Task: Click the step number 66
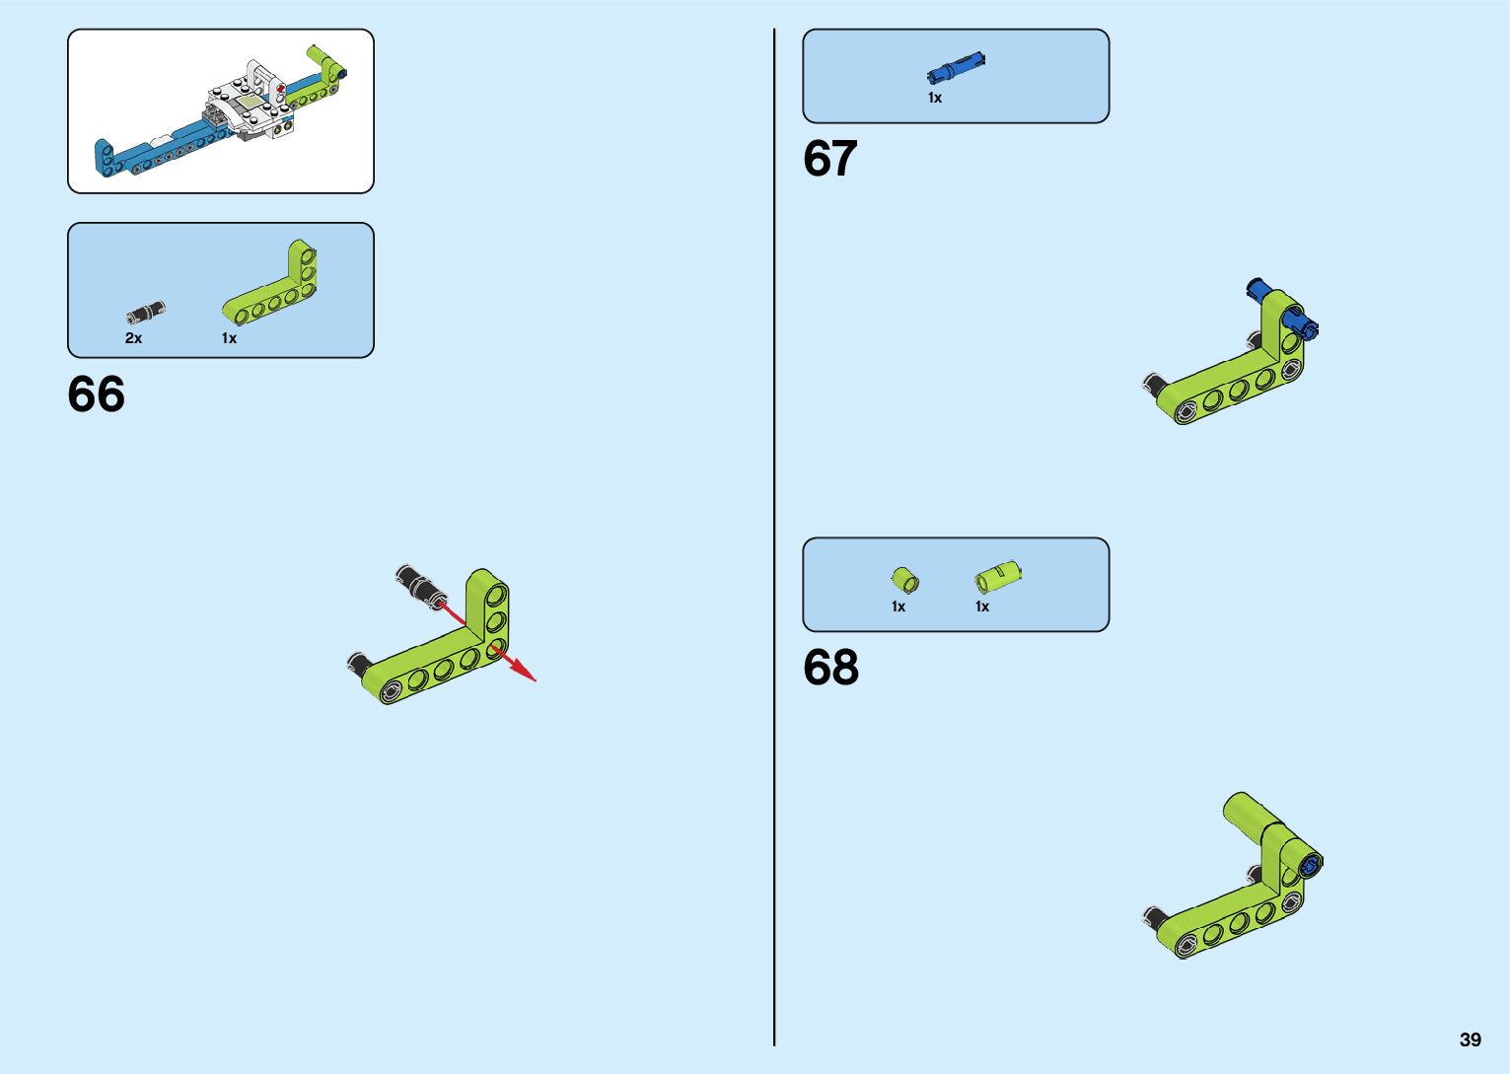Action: click(x=97, y=394)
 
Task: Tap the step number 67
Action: click(x=829, y=159)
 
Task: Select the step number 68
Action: click(x=830, y=668)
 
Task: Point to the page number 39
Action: click(x=1470, y=1039)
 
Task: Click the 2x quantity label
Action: click(x=133, y=338)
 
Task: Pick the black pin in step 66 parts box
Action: click(x=146, y=313)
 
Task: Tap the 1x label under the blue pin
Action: click(x=935, y=98)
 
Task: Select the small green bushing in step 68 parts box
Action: click(x=904, y=580)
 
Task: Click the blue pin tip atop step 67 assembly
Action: click(x=1257, y=288)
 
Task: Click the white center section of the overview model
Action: click(x=247, y=108)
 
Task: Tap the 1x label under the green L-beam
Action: click(x=229, y=338)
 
